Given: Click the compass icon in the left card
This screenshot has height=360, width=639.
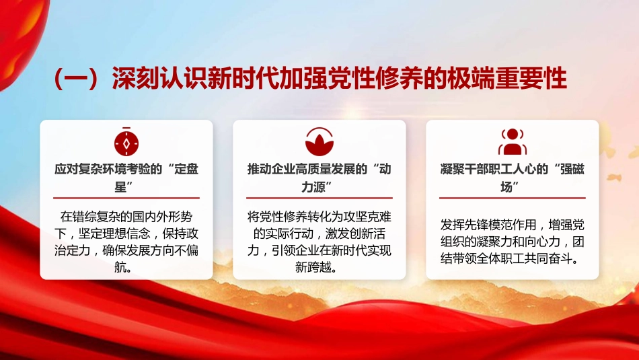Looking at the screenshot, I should pos(126,141).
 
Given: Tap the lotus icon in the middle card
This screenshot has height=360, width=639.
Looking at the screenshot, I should pos(319,141).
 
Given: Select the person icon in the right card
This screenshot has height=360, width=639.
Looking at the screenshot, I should pos(512,141).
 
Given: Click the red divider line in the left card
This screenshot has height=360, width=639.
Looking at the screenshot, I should pos(126,198).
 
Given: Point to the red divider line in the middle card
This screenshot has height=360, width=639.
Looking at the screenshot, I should pos(319,198).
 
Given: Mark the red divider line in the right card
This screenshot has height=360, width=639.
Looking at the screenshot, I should pos(512,198).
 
